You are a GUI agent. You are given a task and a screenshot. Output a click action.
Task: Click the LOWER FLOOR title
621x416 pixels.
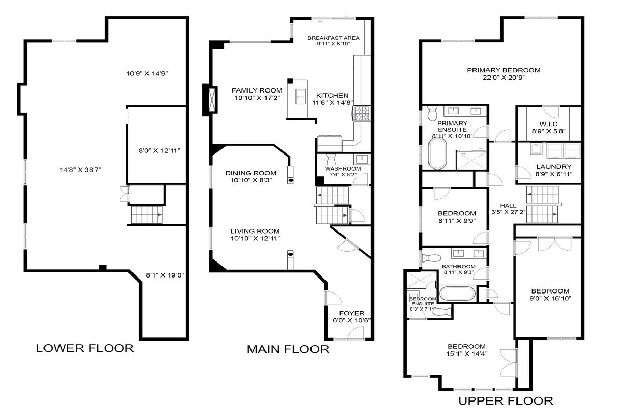(85, 348)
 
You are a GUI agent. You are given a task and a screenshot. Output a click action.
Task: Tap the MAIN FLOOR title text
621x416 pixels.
(288, 349)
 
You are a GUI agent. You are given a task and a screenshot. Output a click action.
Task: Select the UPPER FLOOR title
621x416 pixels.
(506, 401)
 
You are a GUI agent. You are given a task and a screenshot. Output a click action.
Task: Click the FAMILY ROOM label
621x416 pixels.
(257, 90)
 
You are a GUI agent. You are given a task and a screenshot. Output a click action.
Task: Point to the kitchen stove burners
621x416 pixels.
(362, 114)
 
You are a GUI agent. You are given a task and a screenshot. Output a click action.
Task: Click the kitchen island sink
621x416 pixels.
(301, 96)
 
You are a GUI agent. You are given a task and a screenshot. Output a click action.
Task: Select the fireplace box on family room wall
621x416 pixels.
(212, 99)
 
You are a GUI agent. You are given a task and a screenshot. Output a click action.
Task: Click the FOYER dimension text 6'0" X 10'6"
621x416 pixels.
(352, 320)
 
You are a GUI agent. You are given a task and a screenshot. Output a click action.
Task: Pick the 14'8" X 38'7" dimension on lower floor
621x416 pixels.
(80, 170)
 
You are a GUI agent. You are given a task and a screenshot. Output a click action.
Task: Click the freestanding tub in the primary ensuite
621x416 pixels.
(438, 153)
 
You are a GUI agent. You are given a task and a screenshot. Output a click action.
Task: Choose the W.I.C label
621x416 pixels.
(549, 124)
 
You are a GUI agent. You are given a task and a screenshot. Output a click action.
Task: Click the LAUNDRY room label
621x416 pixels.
(554, 166)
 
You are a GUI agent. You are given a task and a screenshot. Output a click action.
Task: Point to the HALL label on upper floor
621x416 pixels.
(508, 205)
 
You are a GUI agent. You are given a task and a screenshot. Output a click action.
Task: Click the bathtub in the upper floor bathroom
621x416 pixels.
(457, 294)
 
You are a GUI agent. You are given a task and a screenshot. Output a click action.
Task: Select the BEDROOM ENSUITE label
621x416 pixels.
(423, 301)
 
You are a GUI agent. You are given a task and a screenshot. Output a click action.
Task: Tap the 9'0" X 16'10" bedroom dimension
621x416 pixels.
(550, 298)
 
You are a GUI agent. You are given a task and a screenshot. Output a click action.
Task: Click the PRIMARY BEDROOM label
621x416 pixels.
(504, 70)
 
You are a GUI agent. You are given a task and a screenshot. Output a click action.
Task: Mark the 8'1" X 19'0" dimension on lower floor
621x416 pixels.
(165, 275)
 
